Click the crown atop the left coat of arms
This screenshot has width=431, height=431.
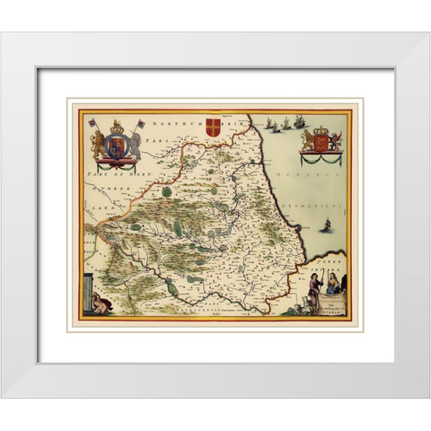[x=116, y=127]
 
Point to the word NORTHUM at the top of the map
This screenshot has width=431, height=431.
[x=171, y=121]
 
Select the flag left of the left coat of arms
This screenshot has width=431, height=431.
[x=92, y=123]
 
